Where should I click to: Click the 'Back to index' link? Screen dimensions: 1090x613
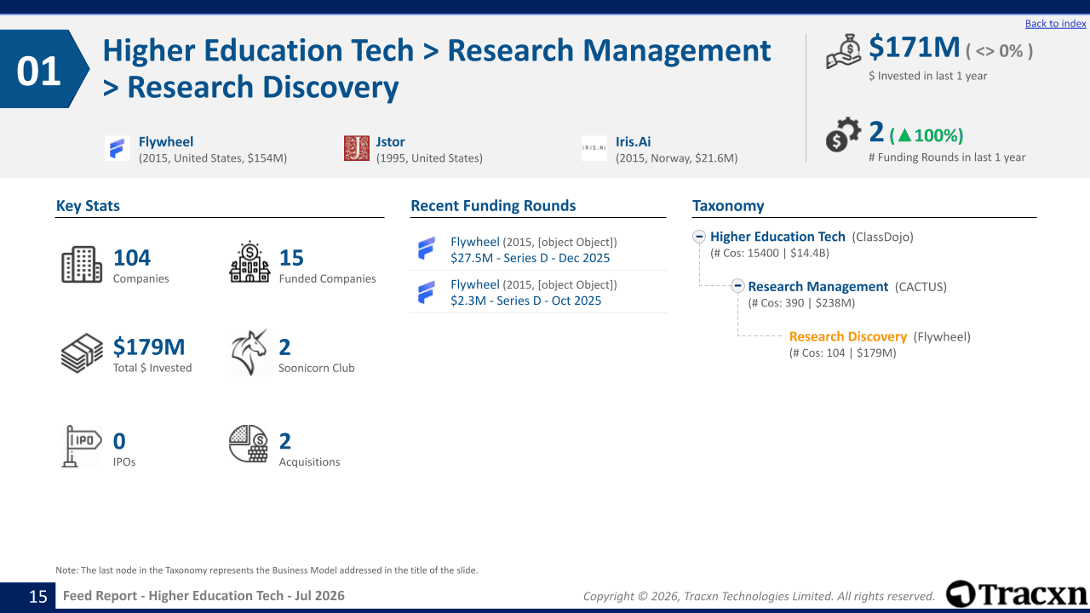tap(1055, 23)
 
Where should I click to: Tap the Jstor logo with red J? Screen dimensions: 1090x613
tap(357, 148)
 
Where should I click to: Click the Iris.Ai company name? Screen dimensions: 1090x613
tap(633, 141)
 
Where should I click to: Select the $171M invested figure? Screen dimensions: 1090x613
tap(915, 48)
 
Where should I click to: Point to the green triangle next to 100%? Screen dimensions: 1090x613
tap(904, 135)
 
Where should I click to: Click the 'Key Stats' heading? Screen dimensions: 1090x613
tap(88, 206)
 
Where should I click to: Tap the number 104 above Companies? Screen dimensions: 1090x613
tap(132, 257)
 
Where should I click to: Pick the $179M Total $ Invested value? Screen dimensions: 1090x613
tap(149, 347)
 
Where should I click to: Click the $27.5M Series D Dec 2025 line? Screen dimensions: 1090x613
tap(530, 258)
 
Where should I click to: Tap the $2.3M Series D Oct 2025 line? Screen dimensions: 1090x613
tap(525, 301)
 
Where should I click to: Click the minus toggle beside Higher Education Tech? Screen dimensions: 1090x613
tap(699, 237)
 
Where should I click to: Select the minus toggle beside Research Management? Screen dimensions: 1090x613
tap(737, 285)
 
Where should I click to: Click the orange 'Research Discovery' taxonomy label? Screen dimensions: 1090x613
tap(847, 336)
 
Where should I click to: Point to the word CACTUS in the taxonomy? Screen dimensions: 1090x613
tap(921, 287)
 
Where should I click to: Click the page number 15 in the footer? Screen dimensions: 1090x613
tap(38, 597)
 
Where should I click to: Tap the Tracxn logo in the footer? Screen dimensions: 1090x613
tap(1017, 594)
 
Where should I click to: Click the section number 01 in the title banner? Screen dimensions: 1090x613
tap(38, 71)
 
